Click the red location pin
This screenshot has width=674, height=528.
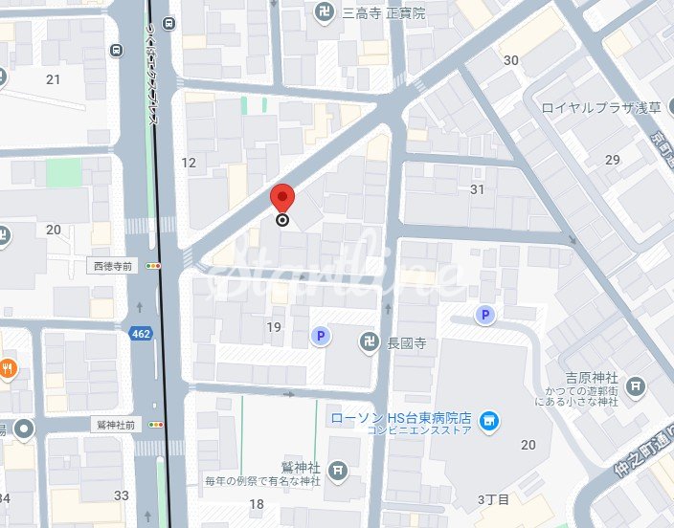[282, 198]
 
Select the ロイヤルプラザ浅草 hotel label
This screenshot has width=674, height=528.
[601, 107]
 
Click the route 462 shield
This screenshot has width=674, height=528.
[140, 332]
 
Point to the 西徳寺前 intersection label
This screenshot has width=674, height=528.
[112, 265]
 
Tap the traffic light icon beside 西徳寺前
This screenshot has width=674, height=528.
[153, 265]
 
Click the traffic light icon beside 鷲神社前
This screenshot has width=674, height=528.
[155, 424]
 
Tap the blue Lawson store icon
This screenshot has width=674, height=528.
[489, 420]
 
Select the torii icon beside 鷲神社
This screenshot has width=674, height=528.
[337, 470]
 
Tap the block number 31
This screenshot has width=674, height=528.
[478, 189]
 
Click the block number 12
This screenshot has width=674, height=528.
[189, 163]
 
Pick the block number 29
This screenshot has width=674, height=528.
[613, 159]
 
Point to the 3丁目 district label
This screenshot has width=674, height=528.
[492, 499]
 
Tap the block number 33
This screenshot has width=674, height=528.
[121, 495]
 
